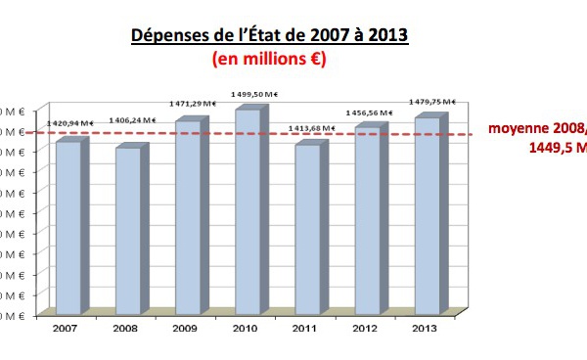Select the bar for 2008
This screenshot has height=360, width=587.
(x=128, y=230)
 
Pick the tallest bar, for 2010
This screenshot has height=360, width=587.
(x=247, y=210)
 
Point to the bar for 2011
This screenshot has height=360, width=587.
(x=307, y=229)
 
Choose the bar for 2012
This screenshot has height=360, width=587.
(x=366, y=220)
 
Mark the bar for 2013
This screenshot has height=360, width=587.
(x=427, y=215)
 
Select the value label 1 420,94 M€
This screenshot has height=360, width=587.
(x=69, y=123)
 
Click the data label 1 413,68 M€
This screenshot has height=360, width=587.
(x=308, y=126)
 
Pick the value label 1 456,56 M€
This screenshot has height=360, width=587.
(x=369, y=113)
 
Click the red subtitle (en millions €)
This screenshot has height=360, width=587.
(x=269, y=59)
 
